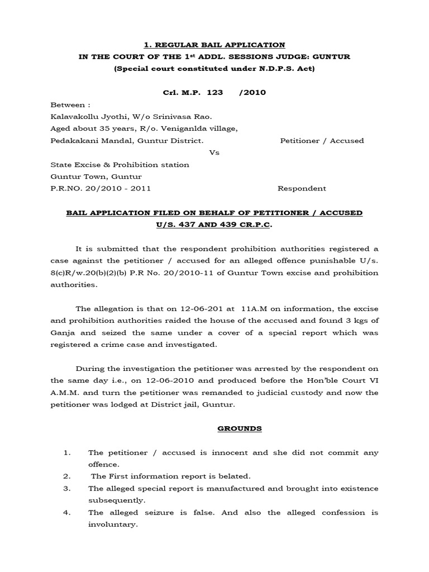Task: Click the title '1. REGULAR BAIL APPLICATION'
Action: coord(214,45)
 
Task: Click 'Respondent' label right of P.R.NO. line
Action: coord(302,188)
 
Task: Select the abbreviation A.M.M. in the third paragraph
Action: coord(66,393)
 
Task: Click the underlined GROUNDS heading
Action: coord(214,428)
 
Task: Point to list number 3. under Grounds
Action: coord(66,488)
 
